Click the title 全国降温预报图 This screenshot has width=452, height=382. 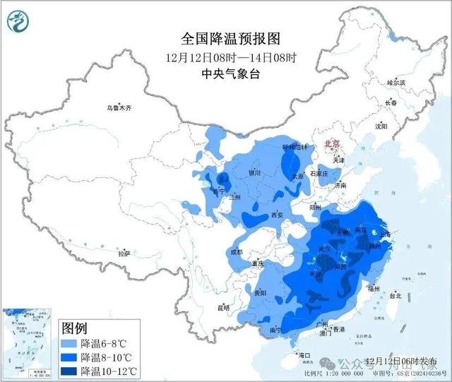tap(221, 37)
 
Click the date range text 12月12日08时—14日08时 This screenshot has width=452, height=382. tap(221, 56)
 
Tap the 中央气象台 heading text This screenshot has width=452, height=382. tap(221, 73)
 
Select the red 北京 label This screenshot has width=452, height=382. tap(332, 144)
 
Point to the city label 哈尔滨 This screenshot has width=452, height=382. tap(397, 83)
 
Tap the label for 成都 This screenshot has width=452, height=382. tap(235, 252)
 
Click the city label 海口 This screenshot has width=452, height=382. tap(304, 354)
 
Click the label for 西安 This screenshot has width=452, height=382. tap(277, 215)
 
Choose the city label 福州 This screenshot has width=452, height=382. tap(374, 289)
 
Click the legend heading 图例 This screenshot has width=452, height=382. tap(74, 328)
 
